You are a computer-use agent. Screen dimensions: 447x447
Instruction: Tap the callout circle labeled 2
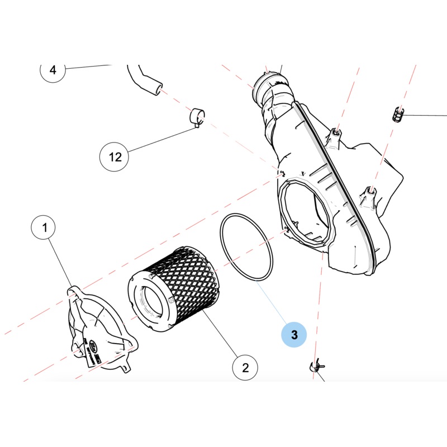[245, 367]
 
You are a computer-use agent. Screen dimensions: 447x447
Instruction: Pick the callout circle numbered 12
[115, 156]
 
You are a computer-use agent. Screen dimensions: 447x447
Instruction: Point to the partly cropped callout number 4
[53, 71]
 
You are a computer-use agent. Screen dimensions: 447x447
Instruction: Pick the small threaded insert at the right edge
[396, 115]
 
